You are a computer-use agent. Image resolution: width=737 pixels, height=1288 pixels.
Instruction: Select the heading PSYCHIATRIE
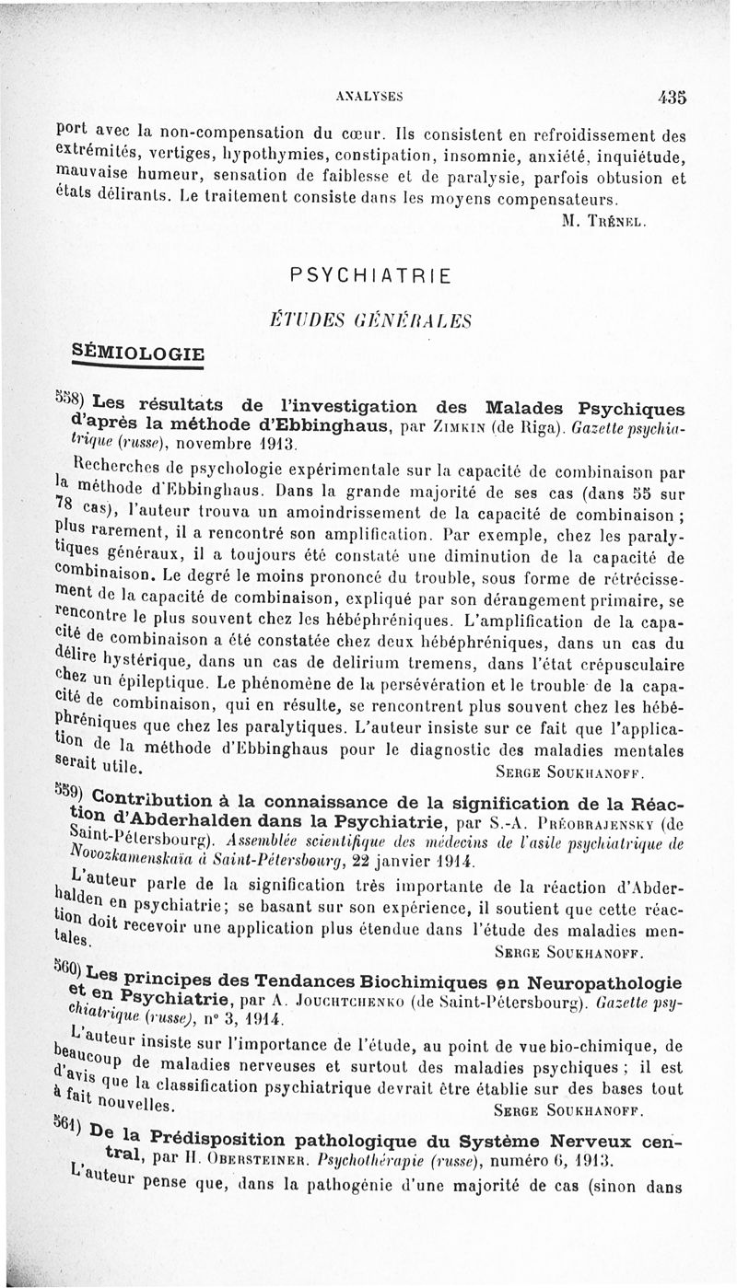[x=369, y=274]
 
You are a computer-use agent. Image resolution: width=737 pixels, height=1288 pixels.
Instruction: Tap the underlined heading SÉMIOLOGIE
[x=138, y=353]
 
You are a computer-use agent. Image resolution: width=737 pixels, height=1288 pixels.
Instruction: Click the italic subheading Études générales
[x=369, y=319]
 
